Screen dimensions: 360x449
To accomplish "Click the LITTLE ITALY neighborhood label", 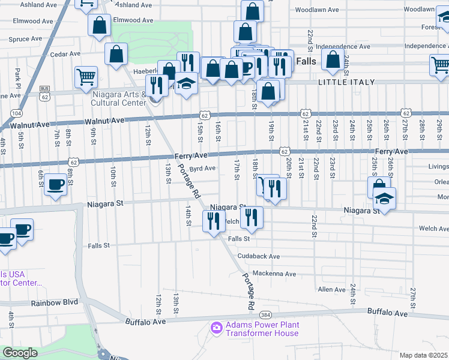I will [347, 82].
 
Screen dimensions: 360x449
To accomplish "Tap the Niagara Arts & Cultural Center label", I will [119, 98].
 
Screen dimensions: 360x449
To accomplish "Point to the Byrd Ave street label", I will [202, 169].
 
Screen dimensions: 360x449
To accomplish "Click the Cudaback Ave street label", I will [259, 256].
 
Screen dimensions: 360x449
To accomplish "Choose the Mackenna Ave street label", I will [274, 274].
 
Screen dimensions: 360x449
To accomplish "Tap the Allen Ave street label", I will [331, 290].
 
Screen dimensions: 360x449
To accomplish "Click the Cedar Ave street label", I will [66, 54].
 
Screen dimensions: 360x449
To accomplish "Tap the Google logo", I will [20, 353].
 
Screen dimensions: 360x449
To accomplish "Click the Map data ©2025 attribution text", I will [424, 355].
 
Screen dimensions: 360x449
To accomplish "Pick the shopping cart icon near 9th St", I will [86, 76].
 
